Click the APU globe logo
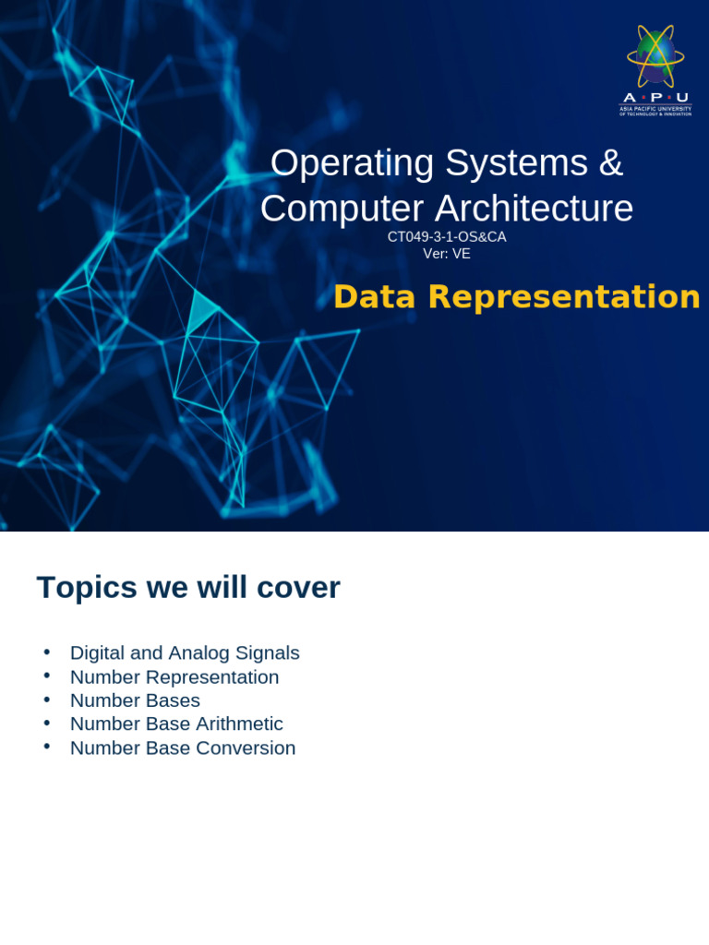tap(655, 55)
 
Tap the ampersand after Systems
tap(610, 163)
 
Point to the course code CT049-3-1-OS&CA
tap(447, 237)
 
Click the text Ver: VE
tap(447, 254)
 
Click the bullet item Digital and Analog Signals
tap(185, 653)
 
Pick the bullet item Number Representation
tap(174, 677)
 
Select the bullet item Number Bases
tap(135, 700)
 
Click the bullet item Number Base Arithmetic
tap(176, 724)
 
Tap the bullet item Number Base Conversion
tap(183, 748)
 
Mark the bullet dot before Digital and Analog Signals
tap(46, 652)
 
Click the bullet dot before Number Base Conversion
tap(46, 747)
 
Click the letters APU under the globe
tap(655, 98)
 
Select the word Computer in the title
tap(342, 209)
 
